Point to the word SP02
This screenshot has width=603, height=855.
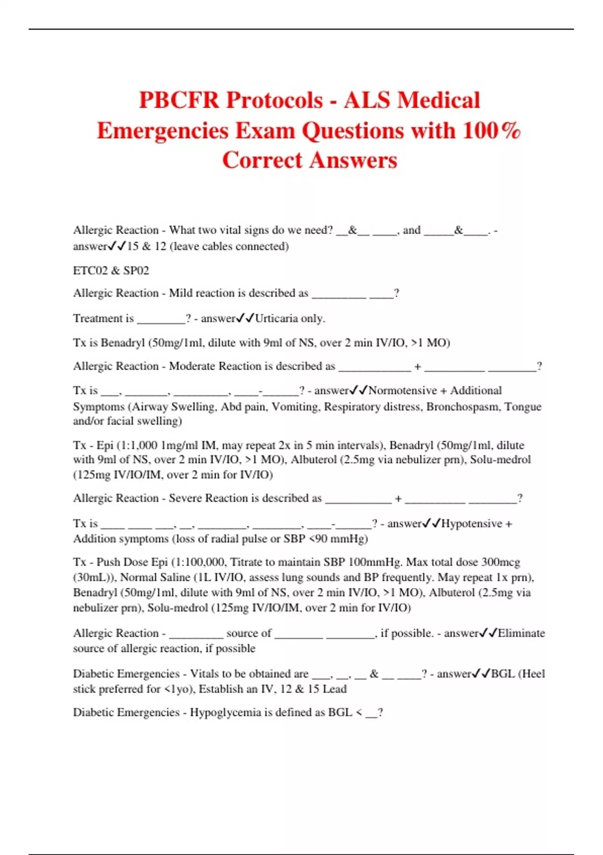tap(136, 271)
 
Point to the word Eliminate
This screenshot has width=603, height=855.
tap(521, 633)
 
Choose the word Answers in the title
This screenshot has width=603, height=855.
tap(353, 160)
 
